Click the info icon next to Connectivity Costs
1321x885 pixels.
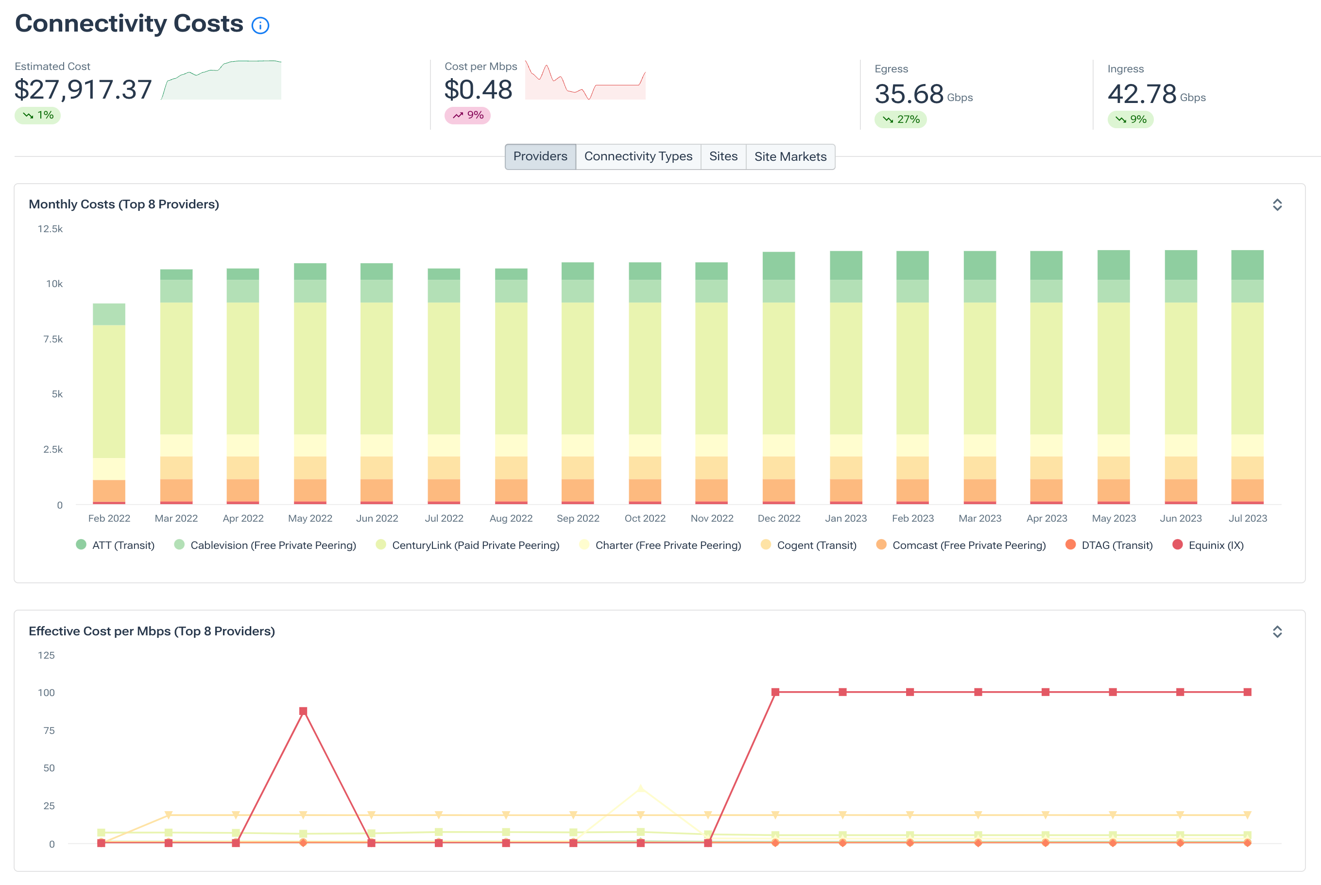(260, 25)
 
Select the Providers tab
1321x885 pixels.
(540, 156)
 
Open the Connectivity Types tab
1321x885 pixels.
(638, 156)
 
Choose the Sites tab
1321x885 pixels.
(722, 156)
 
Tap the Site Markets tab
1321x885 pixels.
(790, 156)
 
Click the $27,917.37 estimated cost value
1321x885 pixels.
(84, 90)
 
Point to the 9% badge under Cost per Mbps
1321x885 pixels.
(467, 115)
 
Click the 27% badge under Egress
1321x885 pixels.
(900, 119)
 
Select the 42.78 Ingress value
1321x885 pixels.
(1141, 94)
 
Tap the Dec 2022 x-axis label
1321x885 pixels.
(778, 518)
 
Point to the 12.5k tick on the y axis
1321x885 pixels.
(50, 229)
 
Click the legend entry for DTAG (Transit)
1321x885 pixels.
(1109, 545)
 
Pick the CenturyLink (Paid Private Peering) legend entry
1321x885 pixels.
(468, 545)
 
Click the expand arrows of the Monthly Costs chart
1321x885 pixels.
(1277, 204)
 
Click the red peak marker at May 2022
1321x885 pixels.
(303, 711)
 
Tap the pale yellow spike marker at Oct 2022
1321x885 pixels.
(640, 788)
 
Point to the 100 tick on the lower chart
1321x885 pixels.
(46, 693)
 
